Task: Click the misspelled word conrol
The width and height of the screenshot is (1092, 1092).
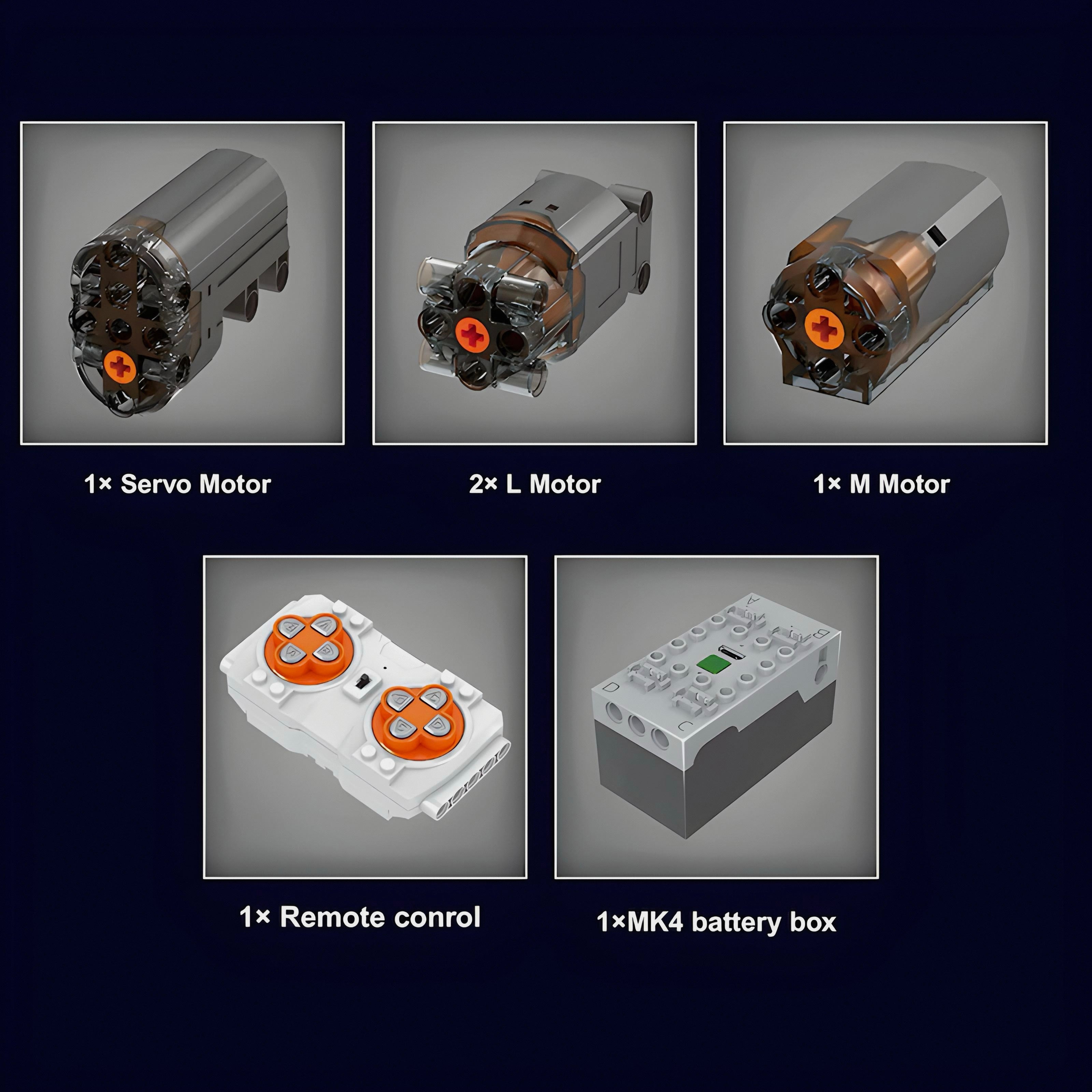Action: pos(437,917)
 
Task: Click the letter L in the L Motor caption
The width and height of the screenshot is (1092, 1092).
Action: pos(513,484)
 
